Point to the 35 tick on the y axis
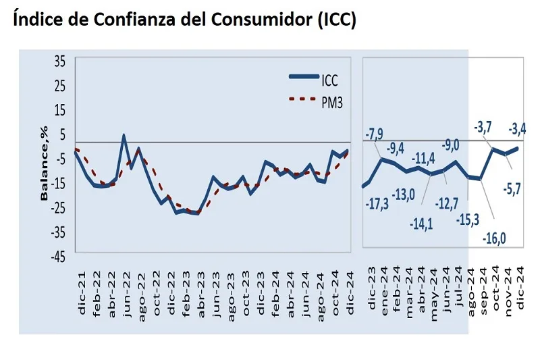[60, 61]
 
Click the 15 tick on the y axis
[60, 110]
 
